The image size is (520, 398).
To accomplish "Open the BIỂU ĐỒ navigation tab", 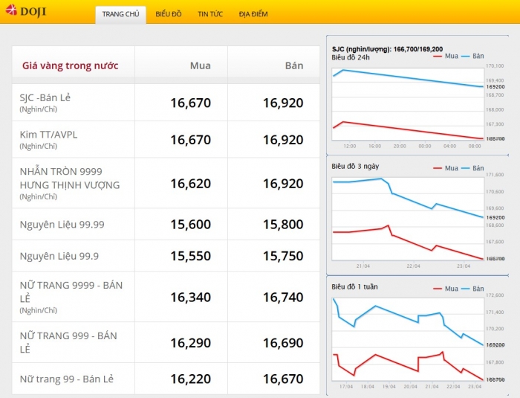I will (169, 14).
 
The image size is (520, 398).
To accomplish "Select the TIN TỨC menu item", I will (210, 14).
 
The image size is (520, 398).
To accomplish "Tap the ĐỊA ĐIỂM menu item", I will (253, 14).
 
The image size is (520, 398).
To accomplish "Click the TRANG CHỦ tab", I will (120, 14).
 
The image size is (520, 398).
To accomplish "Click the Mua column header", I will (199, 65).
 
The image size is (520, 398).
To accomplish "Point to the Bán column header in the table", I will (294, 65).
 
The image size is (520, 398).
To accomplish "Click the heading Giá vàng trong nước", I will (71, 65).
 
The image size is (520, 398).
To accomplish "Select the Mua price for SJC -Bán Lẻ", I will (190, 103).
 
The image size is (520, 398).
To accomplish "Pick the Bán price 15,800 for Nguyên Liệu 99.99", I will (283, 225).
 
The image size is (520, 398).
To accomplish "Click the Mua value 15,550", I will (190, 255).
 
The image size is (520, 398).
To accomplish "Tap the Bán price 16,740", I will (283, 297).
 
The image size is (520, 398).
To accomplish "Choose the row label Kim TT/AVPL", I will (48, 135).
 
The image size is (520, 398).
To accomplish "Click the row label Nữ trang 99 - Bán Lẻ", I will (67, 379).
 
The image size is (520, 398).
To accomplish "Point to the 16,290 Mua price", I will (190, 343).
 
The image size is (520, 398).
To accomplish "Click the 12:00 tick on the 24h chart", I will (350, 146).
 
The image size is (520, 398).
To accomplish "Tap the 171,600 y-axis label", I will (495, 175).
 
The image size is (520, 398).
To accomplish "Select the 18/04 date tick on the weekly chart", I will (367, 386).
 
